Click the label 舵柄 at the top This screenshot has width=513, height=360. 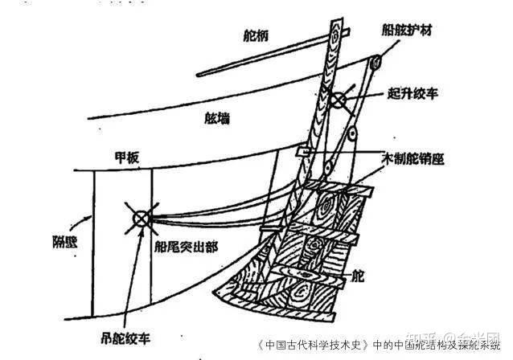click(x=258, y=35)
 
